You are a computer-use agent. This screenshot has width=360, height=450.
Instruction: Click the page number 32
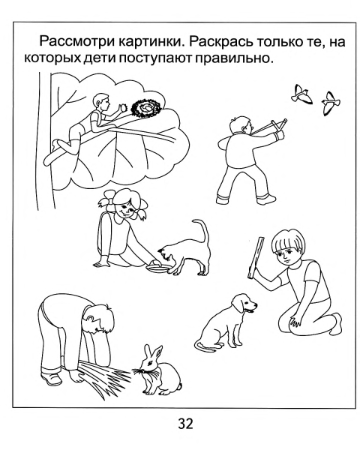[180, 424]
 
